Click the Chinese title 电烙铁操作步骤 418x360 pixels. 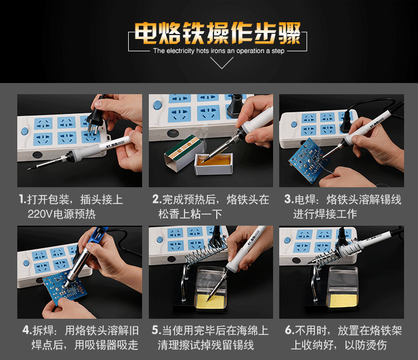(217, 33)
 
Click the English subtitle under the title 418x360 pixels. (218, 51)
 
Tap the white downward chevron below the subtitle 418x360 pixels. (221, 63)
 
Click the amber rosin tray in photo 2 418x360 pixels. (214, 163)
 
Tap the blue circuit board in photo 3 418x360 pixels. (309, 160)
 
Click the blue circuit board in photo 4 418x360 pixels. (65, 287)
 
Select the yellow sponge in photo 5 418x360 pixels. (211, 301)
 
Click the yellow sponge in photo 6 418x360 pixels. (343, 300)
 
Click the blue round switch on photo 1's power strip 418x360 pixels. (25, 131)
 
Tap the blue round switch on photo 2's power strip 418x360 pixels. (158, 105)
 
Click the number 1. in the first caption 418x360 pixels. (23, 200)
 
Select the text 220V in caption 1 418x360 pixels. (40, 214)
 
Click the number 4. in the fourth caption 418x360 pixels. (27, 330)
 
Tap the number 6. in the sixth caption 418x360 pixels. (290, 330)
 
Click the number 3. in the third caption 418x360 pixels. (289, 200)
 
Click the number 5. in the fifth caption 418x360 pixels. (157, 330)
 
